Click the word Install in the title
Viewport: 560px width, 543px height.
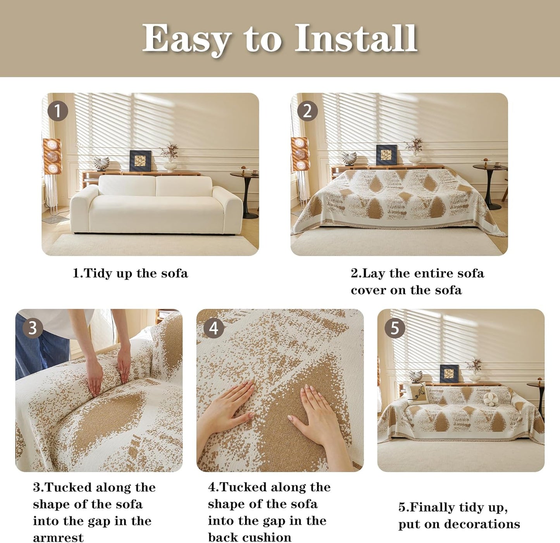click(356, 38)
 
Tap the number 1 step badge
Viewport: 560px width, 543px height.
click(58, 111)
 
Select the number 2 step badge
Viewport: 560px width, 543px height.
click(307, 111)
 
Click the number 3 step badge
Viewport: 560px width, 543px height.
click(33, 328)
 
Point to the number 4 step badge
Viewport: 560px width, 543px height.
click(214, 328)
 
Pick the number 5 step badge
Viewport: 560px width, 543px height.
click(395, 328)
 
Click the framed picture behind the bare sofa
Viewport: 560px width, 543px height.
click(140, 160)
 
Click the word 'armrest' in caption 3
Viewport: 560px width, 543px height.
click(58, 538)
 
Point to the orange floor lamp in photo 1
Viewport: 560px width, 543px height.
click(52, 157)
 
